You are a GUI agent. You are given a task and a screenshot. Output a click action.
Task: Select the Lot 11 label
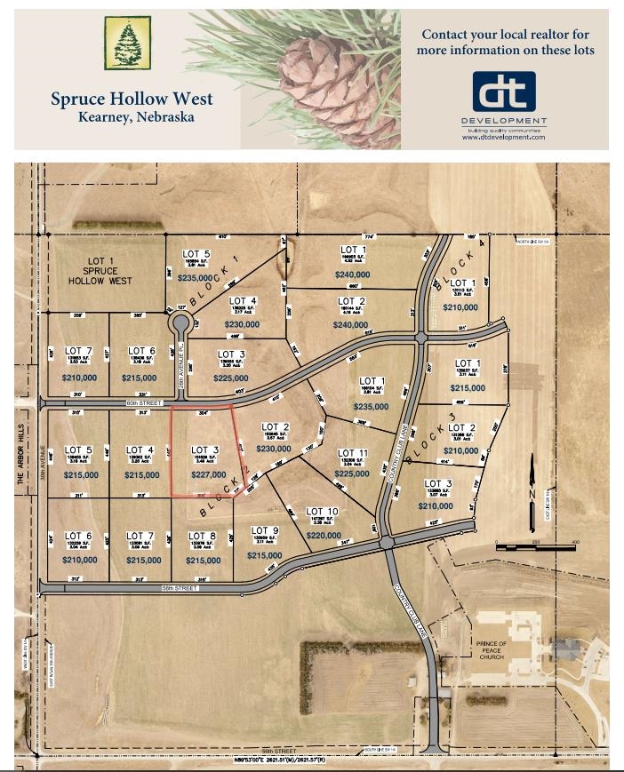pos(353,453)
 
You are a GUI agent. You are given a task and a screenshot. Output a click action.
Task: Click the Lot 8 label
pos(202,536)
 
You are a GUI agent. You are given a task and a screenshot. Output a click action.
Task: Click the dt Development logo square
pos(503,92)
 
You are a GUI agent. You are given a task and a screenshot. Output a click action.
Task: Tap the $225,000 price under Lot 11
pos(352,474)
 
